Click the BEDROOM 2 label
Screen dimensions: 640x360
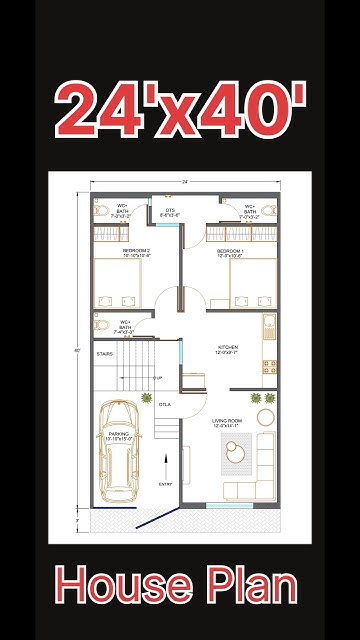[136, 250]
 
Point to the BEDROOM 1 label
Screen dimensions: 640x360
[231, 250]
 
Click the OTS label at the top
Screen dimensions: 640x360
[170, 210]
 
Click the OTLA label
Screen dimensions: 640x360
[164, 404]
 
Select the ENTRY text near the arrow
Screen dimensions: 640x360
[165, 484]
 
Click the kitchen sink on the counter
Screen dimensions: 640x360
[267, 325]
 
